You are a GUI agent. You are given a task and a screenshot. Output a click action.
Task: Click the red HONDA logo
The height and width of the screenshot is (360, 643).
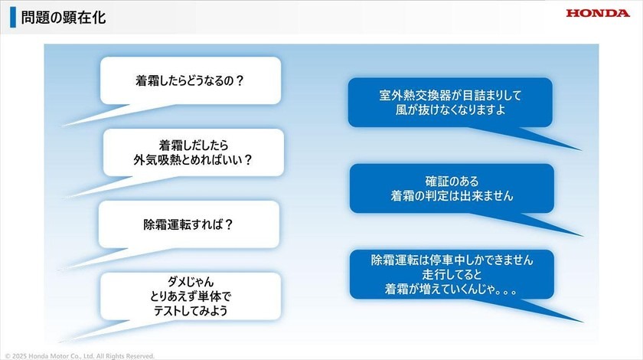[598, 13]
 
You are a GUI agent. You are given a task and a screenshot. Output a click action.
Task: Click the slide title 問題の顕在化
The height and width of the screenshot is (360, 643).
[64, 18]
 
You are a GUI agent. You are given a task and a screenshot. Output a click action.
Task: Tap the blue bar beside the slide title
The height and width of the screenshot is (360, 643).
[13, 18]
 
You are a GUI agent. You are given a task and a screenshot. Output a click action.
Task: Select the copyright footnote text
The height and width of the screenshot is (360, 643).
[80, 356]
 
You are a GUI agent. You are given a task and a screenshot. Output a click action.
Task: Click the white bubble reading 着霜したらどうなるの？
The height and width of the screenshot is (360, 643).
[191, 80]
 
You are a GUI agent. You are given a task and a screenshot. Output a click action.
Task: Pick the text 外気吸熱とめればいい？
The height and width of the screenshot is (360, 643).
[193, 159]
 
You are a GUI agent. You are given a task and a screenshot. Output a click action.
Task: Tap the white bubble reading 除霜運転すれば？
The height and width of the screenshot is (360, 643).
[189, 224]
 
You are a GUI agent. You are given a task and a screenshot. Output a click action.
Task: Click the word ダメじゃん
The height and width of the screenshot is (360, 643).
[191, 282]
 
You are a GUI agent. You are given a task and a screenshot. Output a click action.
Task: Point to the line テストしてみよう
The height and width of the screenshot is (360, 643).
[191, 311]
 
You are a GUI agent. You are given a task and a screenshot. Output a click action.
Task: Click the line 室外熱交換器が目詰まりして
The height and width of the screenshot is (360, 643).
[450, 95]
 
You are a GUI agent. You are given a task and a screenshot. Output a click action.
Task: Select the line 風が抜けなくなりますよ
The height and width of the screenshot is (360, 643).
[450, 110]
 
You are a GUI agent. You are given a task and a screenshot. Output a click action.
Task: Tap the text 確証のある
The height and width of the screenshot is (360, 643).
[452, 181]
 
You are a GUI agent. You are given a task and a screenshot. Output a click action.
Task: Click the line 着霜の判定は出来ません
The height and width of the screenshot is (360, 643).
[452, 196]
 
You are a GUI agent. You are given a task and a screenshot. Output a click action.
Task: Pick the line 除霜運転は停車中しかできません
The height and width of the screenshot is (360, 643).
[452, 260]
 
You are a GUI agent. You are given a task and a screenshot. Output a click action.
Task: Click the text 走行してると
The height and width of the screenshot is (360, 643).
[452, 274]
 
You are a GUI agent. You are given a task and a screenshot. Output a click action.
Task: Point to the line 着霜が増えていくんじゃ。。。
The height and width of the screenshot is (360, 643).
[451, 289]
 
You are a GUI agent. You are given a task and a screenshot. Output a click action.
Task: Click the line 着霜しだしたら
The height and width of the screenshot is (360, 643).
[193, 145]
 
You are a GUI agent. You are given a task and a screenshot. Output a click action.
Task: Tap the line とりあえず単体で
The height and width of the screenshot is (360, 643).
[191, 296]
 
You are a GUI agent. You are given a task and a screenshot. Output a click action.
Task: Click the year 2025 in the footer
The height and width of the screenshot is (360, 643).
[19, 356]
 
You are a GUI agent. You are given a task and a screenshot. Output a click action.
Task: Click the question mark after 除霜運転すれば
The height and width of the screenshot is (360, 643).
[229, 224]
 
